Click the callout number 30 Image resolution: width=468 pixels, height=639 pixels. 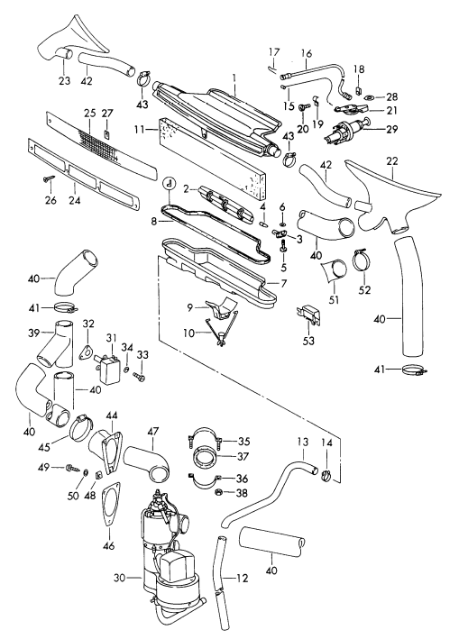[120, 578]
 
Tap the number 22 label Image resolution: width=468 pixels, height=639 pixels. [391, 161]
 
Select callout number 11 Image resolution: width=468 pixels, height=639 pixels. [140, 130]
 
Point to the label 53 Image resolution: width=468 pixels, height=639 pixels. [308, 341]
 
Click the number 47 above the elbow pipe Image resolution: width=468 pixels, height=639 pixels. [153, 431]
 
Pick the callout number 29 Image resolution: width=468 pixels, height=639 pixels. [391, 129]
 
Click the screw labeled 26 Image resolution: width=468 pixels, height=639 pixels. [48, 178]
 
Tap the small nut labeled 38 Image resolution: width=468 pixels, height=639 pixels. [218, 492]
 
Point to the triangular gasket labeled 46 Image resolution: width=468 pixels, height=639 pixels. [110, 504]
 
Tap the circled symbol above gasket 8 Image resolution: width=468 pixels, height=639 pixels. [170, 185]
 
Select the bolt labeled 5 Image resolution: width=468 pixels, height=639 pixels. [284, 246]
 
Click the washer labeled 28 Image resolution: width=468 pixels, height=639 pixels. [371, 97]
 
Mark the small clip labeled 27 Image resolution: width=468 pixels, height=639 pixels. [106, 134]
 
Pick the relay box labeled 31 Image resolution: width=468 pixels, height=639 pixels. [108, 368]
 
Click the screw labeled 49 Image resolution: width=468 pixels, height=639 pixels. [72, 467]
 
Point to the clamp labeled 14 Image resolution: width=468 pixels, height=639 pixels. [326, 475]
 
